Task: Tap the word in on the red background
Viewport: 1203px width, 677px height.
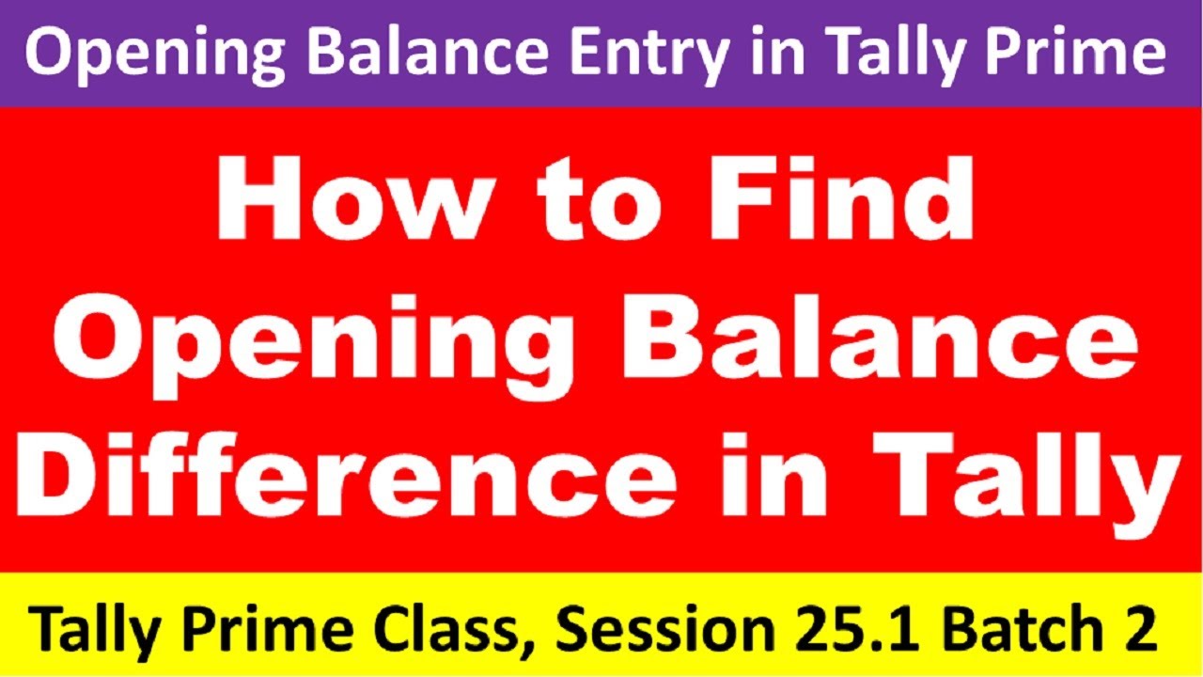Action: point(827,485)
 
